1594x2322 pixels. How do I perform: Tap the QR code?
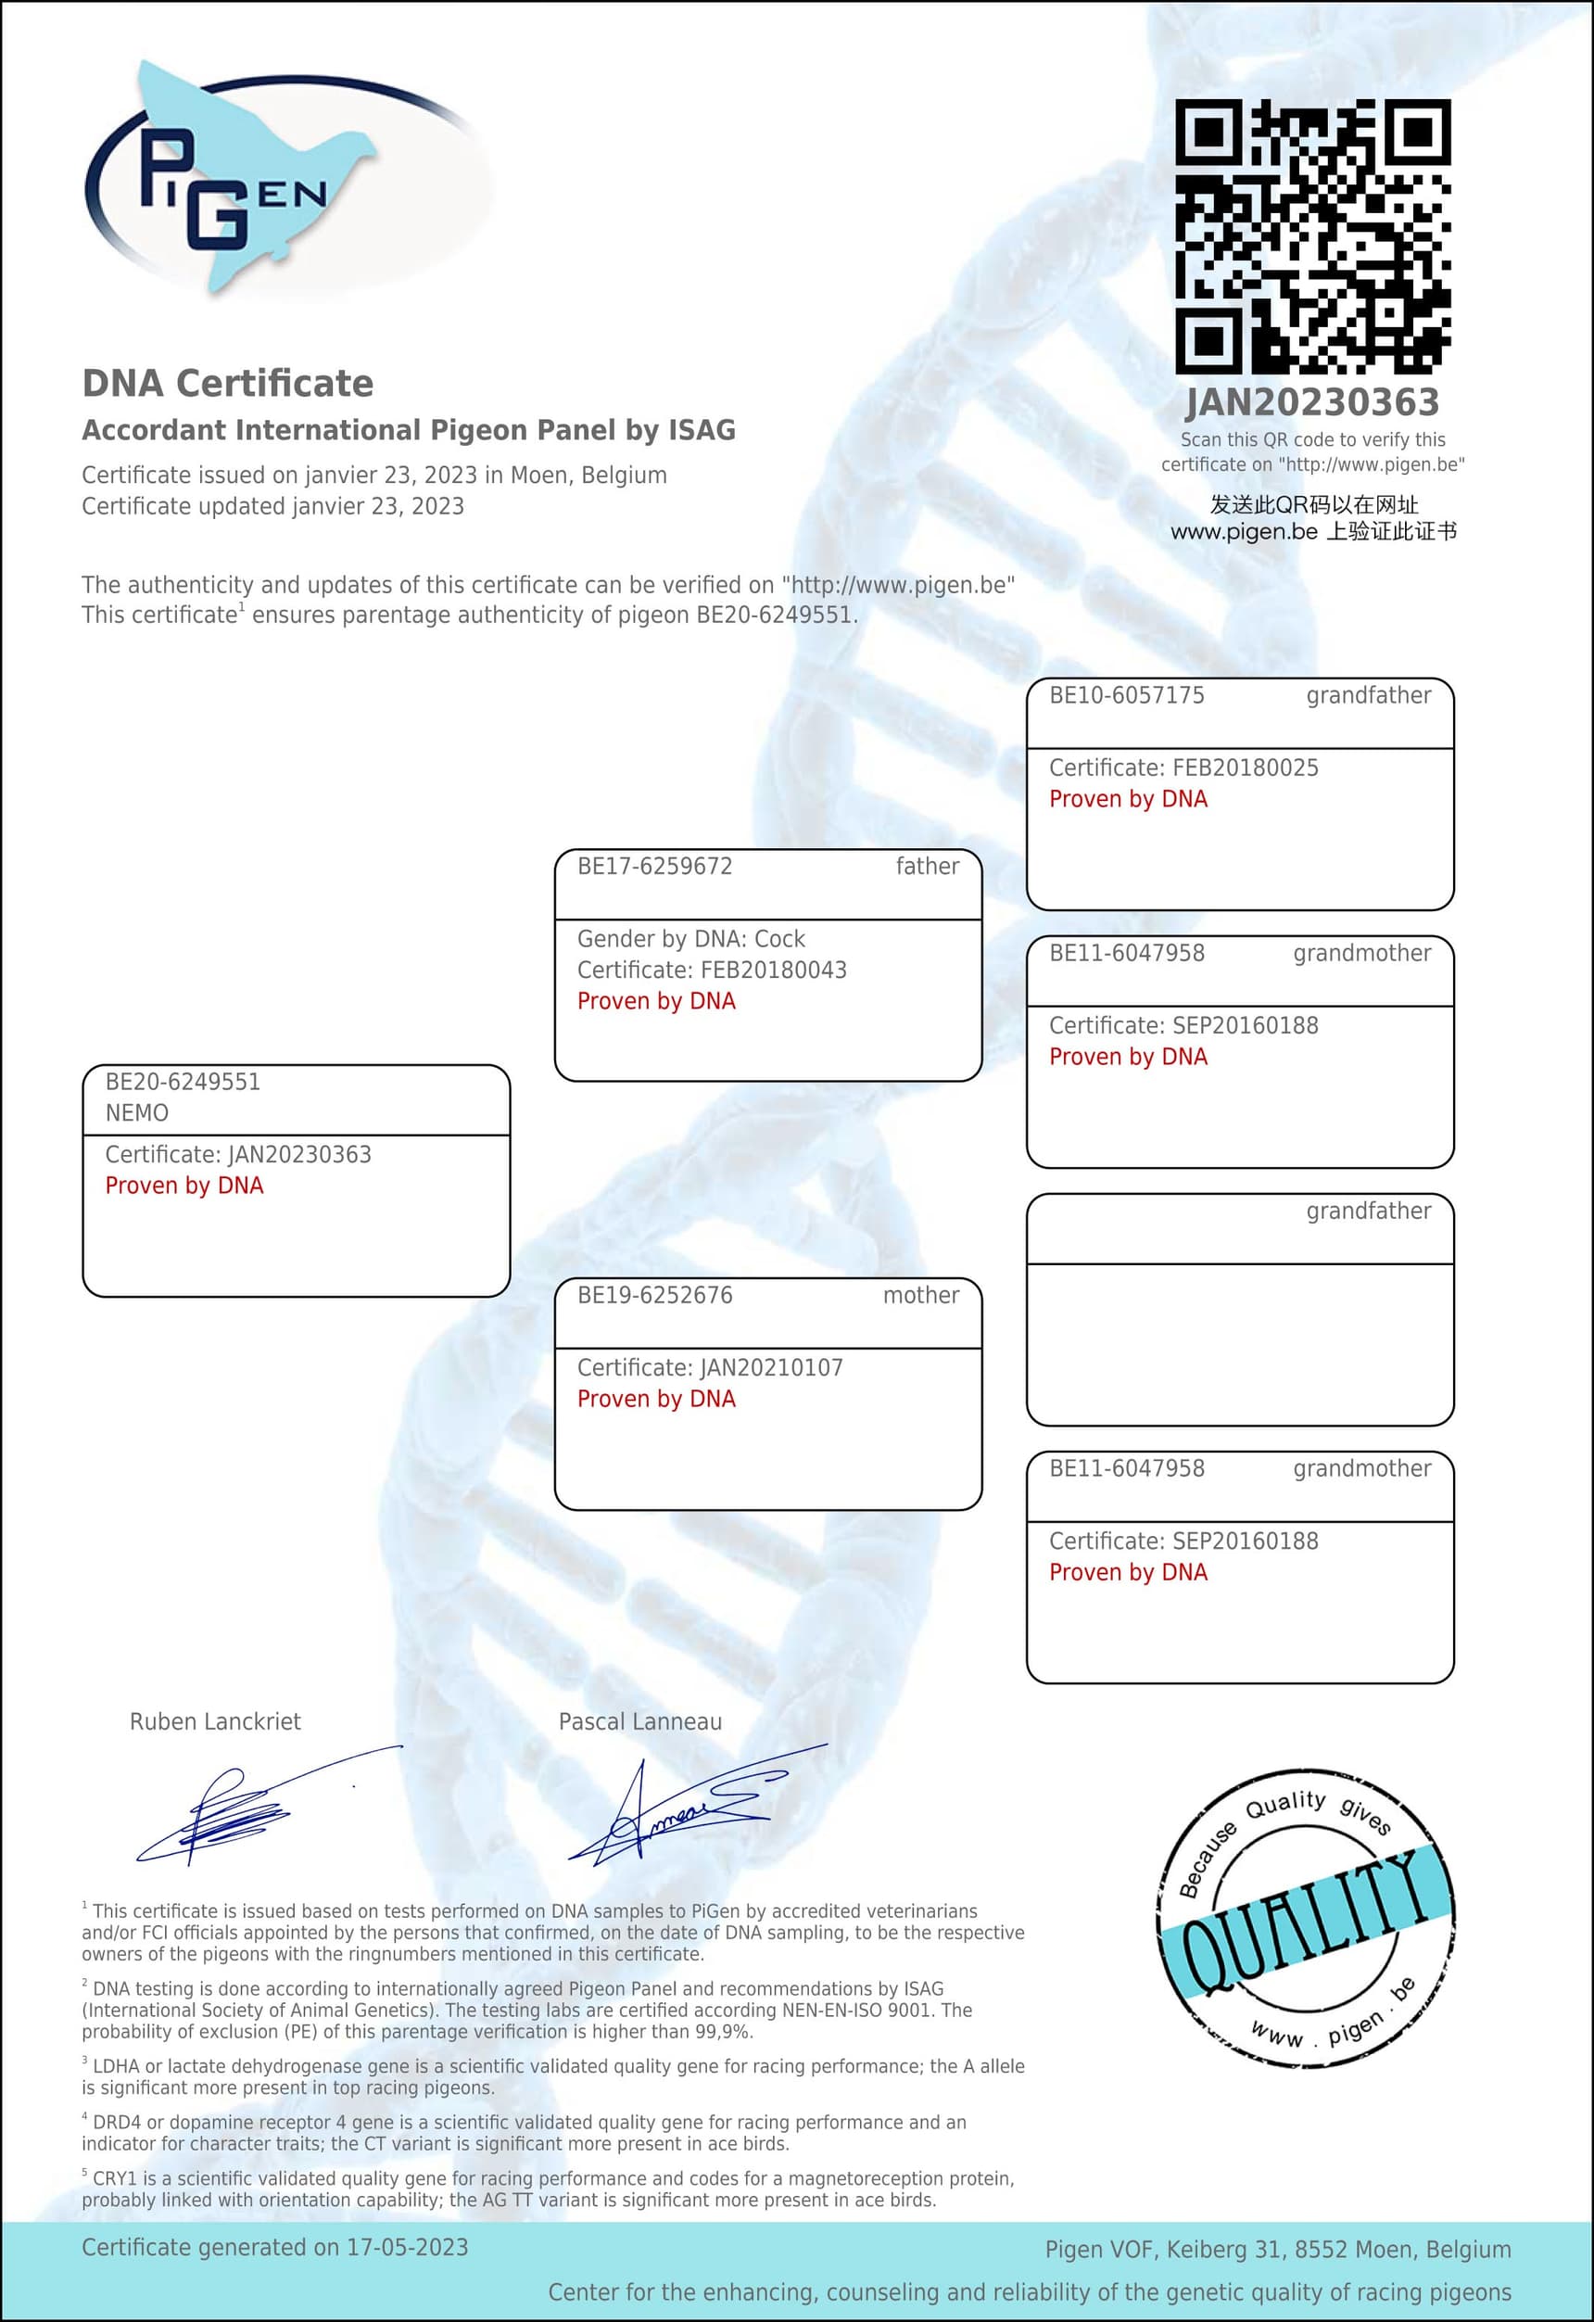(x=1312, y=235)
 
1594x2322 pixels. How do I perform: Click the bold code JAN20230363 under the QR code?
(x=1312, y=402)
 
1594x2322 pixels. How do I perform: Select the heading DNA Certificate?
(x=228, y=384)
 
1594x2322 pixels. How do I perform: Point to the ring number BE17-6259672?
(x=654, y=867)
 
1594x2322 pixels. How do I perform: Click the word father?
(x=927, y=867)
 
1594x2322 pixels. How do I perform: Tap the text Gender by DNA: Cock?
(x=691, y=939)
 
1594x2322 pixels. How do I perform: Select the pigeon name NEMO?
(x=137, y=1113)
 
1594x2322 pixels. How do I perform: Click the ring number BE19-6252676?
(x=654, y=1296)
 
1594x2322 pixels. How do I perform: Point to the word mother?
(x=920, y=1296)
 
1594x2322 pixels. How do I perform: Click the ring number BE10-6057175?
(x=1127, y=695)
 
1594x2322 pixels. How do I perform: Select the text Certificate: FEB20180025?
(x=1183, y=768)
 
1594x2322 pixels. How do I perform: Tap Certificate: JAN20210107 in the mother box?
(x=710, y=1368)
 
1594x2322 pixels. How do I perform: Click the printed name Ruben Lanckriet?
(x=215, y=1721)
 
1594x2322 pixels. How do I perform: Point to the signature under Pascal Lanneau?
(x=689, y=1808)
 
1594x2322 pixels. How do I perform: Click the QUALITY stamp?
(x=1306, y=1923)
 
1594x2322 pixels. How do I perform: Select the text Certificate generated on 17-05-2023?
(x=274, y=2247)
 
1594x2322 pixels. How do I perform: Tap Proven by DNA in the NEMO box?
(x=184, y=1186)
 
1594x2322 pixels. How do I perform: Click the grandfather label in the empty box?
(x=1368, y=1211)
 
